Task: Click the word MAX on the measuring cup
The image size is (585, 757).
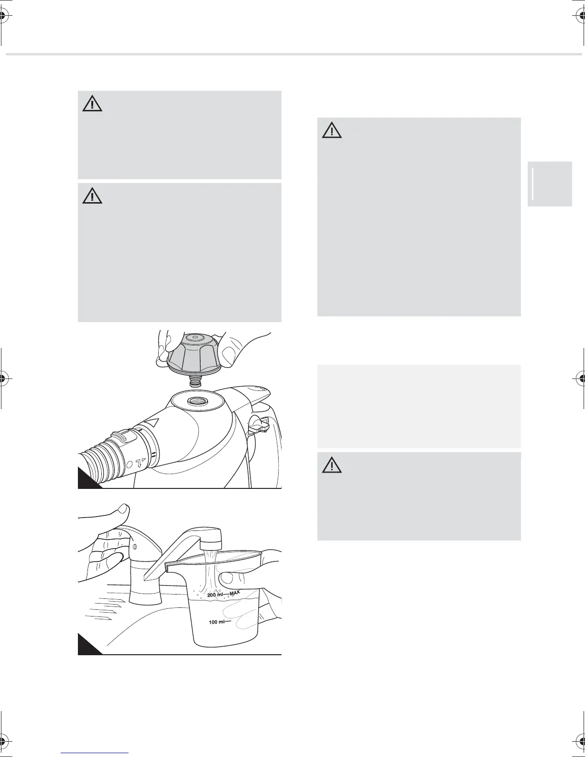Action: (x=235, y=593)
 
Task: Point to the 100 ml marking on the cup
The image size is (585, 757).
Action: (x=216, y=622)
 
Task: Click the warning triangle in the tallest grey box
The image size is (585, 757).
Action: (x=332, y=130)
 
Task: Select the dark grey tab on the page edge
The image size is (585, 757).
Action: (x=550, y=184)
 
